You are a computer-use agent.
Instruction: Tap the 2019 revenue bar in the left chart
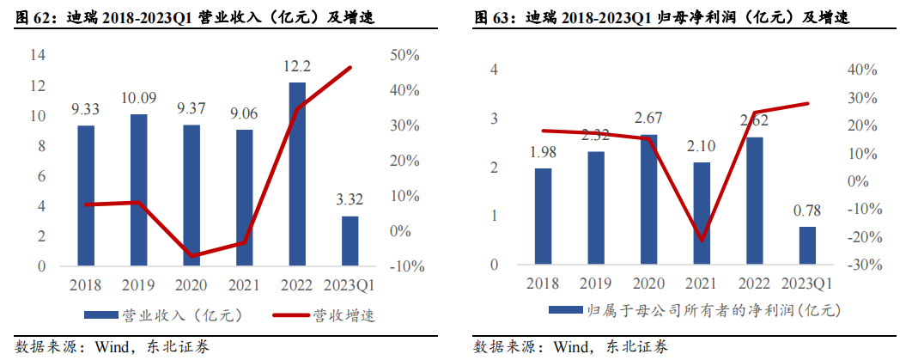(138, 190)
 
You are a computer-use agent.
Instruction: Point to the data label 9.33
(86, 110)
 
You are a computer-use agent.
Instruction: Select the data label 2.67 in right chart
(650, 117)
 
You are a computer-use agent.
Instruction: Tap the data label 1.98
(543, 152)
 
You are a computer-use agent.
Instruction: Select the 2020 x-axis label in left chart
(191, 284)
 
